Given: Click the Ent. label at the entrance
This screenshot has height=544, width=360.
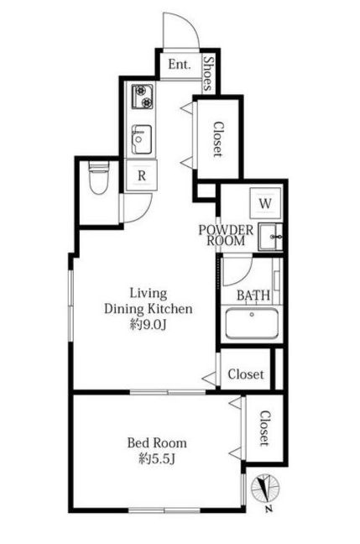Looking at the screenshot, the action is (x=180, y=64).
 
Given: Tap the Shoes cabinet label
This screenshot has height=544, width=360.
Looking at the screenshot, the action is (x=208, y=73).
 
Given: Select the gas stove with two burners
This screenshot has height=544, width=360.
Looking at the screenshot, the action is (x=142, y=97).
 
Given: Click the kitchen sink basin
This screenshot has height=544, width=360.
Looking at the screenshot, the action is (x=142, y=139).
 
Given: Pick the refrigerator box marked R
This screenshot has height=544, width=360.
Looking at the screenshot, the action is (x=142, y=175).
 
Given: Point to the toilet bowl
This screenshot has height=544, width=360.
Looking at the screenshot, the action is (x=99, y=177).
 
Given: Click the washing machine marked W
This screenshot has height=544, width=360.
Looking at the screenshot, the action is (x=265, y=203).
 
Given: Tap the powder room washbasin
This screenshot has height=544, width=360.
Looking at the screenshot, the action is (x=270, y=238).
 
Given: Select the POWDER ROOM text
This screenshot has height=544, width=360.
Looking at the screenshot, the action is (x=226, y=235).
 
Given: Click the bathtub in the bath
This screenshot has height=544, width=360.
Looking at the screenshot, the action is (x=252, y=323).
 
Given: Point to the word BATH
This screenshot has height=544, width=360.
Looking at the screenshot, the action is (x=253, y=296).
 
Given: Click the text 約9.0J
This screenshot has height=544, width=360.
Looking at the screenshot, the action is (x=149, y=325).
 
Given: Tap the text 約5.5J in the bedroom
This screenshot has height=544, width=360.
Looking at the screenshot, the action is (x=156, y=459).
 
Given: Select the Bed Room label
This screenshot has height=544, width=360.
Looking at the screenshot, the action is (x=157, y=442).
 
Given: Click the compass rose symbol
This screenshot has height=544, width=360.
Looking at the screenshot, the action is (x=265, y=489).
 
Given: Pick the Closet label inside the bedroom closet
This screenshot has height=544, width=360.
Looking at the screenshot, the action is (x=264, y=428).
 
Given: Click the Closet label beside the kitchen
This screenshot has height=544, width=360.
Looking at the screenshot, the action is (x=218, y=139).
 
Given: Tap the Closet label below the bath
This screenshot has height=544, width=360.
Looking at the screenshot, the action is (x=246, y=374).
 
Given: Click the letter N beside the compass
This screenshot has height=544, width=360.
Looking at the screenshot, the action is (x=268, y=510).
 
